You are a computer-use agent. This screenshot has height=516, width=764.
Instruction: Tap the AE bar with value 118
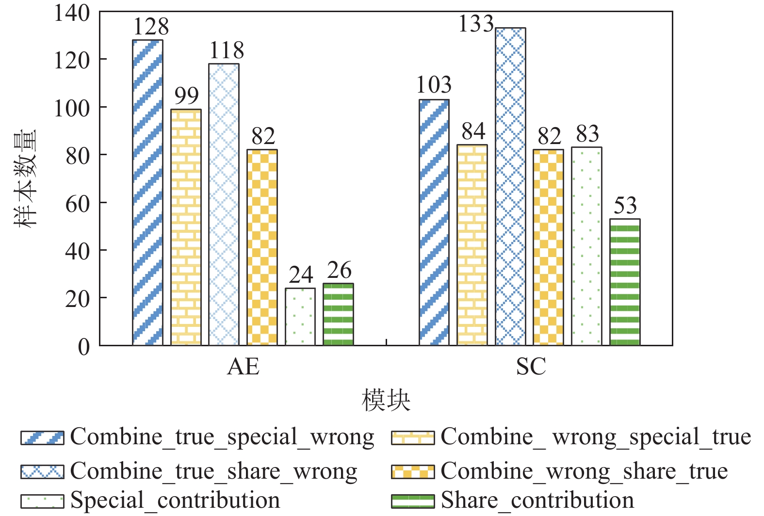pos(224,204)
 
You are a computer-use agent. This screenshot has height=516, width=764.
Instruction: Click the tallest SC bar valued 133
pos(510,187)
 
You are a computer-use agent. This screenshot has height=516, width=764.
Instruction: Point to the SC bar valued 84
pos(472,245)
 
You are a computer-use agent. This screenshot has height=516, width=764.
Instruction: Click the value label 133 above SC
pos(476,24)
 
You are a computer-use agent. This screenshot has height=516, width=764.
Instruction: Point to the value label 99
pos(186,96)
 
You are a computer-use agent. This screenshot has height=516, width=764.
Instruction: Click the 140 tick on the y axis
pos(72,13)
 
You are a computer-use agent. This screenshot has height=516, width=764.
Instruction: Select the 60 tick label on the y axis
pos(78,204)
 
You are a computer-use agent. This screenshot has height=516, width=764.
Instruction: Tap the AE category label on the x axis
pos(243,367)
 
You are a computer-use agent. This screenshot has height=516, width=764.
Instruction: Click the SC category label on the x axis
pos(531,367)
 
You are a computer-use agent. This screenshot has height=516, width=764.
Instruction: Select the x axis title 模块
pos(386,401)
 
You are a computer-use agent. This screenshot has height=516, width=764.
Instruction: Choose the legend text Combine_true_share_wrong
pos(213,471)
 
